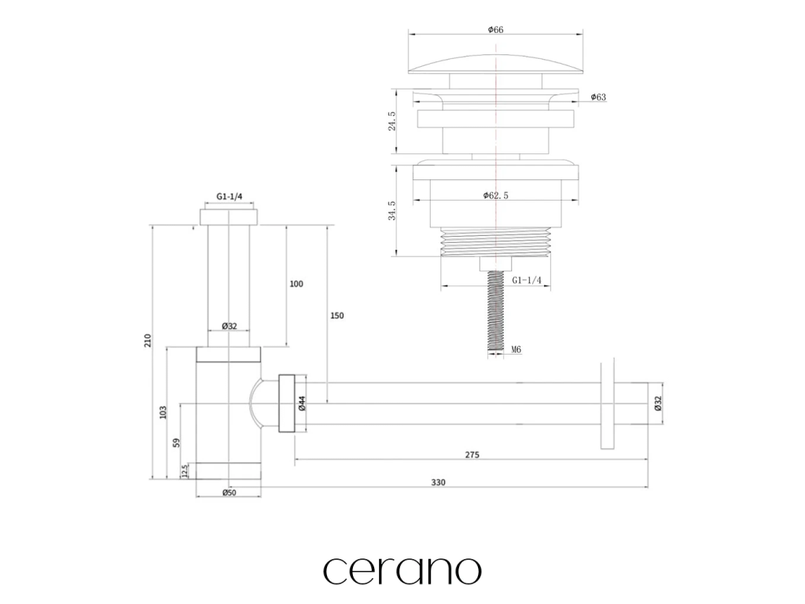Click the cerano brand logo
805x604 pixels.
(x=402, y=569)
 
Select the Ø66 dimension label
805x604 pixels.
(x=495, y=30)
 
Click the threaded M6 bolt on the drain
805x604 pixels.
(x=495, y=311)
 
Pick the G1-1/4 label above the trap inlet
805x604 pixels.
(x=229, y=197)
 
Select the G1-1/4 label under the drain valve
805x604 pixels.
(x=527, y=280)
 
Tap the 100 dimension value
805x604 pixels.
(x=296, y=284)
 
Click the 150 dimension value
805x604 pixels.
(x=336, y=315)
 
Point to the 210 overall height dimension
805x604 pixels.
(x=148, y=341)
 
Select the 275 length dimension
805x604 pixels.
(x=472, y=455)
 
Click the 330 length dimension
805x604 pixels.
(x=437, y=482)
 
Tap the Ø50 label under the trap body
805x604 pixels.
(x=229, y=492)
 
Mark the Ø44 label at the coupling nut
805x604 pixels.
(x=302, y=403)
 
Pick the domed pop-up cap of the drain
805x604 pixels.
(x=495, y=61)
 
